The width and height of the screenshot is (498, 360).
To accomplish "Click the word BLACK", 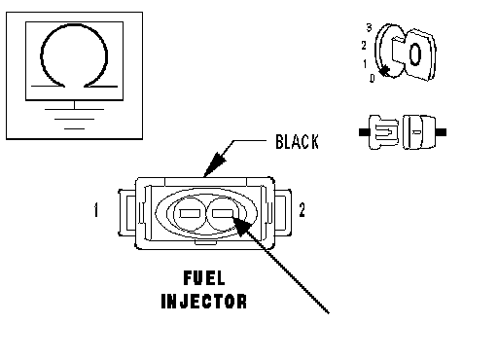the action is tap(297, 142).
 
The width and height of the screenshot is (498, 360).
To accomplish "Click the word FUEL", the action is tap(204, 278).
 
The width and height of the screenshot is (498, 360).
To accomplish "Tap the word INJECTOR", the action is tap(204, 302).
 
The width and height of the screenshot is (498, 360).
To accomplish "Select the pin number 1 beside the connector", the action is tap(96, 210).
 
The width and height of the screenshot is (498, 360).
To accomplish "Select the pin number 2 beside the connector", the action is tap(302, 210).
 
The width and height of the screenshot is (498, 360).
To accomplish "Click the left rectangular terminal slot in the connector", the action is tap(191, 213).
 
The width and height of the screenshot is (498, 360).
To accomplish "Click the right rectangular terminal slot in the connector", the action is tap(223, 213).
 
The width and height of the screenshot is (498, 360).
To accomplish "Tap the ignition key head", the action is tap(419, 54).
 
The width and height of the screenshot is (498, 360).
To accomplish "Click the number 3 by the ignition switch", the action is tap(369, 27).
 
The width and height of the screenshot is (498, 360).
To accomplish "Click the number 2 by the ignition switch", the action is tap(364, 46).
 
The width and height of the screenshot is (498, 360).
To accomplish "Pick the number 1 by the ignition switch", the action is tap(365, 63).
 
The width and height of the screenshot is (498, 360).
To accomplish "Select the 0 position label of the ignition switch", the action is tap(373, 78).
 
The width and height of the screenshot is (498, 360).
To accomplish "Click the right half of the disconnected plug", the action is tap(423, 132).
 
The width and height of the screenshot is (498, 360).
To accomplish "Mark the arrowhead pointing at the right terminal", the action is tap(242, 227).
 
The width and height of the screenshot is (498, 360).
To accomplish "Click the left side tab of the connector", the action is tap(126, 213).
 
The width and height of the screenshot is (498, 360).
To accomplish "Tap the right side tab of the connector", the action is tap(283, 213).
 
